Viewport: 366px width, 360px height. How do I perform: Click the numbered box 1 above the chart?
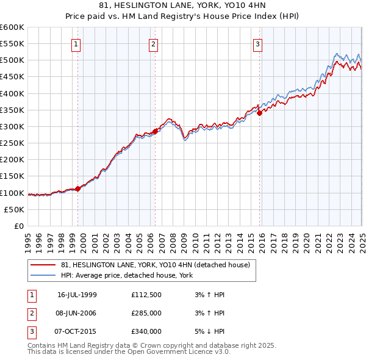tap(76, 44)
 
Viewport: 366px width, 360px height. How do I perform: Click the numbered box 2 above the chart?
tap(152, 44)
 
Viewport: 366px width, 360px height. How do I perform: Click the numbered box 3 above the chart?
tap(257, 44)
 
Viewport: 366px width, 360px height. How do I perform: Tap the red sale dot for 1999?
tap(78, 189)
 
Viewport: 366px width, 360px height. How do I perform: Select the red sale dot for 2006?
tap(155, 131)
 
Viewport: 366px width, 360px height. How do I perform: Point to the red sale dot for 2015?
tap(259, 112)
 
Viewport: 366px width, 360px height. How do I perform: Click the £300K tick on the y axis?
tap(12, 126)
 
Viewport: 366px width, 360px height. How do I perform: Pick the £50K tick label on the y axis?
tap(15, 209)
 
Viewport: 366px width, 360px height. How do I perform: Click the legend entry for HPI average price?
tap(127, 275)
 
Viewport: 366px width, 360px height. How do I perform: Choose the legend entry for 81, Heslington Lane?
tap(156, 265)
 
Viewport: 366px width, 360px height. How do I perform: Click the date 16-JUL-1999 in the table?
tap(77, 295)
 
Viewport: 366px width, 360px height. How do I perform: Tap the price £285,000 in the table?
tap(146, 313)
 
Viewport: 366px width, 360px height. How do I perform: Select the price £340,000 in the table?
tap(146, 331)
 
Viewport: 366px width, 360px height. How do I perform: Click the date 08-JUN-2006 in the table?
tap(77, 313)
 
